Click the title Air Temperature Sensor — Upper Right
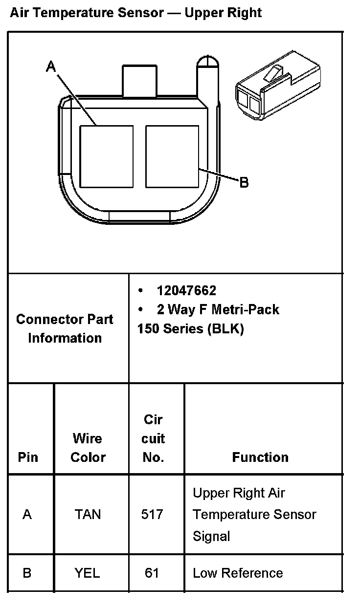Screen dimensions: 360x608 136,13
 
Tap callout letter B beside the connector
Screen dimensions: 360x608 244,183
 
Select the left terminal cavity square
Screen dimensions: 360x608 107,156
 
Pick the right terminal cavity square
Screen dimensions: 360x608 172,156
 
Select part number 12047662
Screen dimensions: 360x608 186,291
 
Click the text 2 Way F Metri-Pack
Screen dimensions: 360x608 218,309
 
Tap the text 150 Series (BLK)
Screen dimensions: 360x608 190,328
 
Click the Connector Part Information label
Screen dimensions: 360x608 65,328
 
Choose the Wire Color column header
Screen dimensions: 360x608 88,447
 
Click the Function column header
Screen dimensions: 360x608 260,457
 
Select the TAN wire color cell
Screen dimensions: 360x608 88,514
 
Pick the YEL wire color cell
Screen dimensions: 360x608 88,573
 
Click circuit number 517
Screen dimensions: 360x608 152,514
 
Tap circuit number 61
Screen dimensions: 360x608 152,573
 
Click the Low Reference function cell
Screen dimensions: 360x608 238,573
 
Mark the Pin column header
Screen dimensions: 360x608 28,457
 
